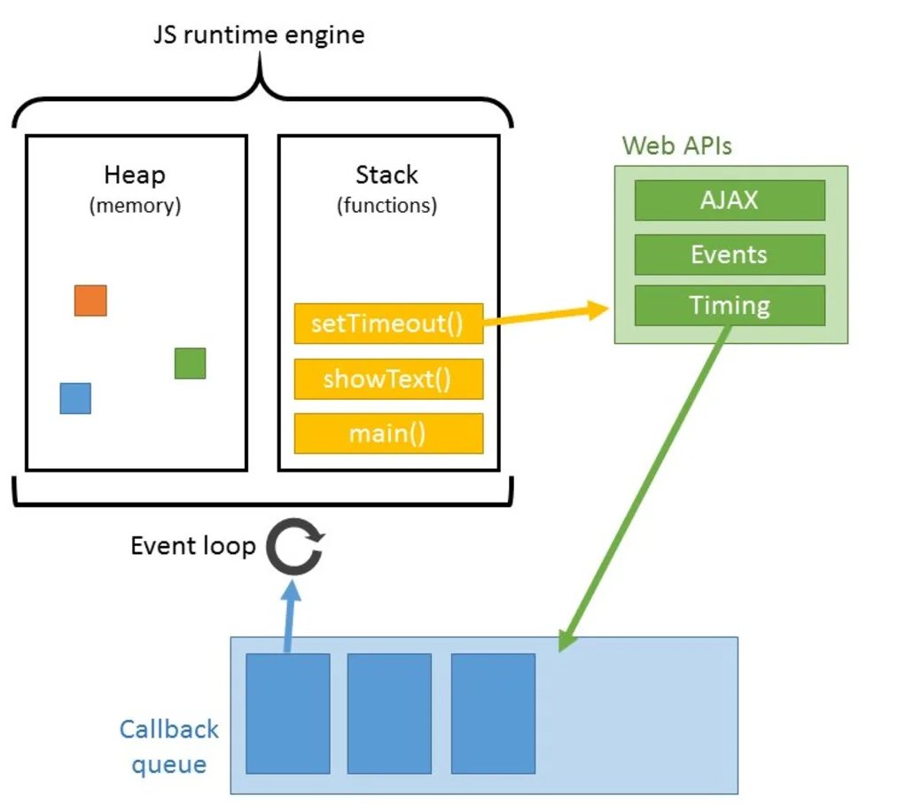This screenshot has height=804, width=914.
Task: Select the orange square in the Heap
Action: point(90,301)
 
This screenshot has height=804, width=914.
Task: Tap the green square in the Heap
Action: point(190,363)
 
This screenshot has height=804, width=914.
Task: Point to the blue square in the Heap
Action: point(75,398)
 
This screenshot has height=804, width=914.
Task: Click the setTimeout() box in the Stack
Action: point(388,324)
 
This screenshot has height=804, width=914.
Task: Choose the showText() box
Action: point(388,379)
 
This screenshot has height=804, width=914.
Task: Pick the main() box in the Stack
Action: point(388,433)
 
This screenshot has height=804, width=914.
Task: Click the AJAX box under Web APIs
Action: point(730,200)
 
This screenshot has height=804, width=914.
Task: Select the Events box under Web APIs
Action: point(730,254)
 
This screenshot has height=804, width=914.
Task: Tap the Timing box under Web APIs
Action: point(730,306)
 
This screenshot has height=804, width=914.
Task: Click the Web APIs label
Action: point(677,145)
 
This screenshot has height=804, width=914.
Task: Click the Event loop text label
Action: point(192,546)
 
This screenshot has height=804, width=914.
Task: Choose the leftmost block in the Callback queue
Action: point(287,714)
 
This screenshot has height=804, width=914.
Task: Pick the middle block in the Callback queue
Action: point(389,714)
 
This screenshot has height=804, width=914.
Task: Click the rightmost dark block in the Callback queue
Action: point(493,714)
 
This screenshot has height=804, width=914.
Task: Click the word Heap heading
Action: point(135,175)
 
